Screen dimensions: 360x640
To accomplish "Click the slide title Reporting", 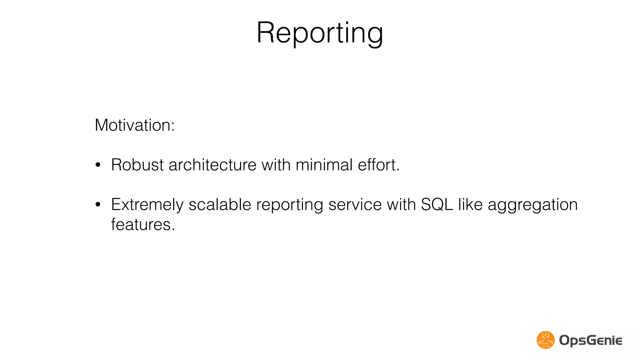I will tap(320, 33).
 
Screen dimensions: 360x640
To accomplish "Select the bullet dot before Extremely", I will tap(98, 205).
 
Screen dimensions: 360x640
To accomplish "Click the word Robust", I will tap(137, 165).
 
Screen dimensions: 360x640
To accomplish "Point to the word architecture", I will tap(212, 165).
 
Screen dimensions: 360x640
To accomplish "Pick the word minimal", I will tap(324, 165).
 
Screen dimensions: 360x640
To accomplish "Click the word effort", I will tap(378, 165).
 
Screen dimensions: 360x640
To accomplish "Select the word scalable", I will tap(220, 205).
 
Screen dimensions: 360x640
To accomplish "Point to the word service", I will tap(355, 205).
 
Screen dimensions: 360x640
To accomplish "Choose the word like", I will tap(470, 205).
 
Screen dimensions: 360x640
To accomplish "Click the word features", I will tap(142, 225).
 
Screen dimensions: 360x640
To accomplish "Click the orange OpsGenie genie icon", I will tap(546, 340).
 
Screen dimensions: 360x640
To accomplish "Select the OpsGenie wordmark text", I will tap(590, 340).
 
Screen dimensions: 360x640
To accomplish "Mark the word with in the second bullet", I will tap(401, 205).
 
